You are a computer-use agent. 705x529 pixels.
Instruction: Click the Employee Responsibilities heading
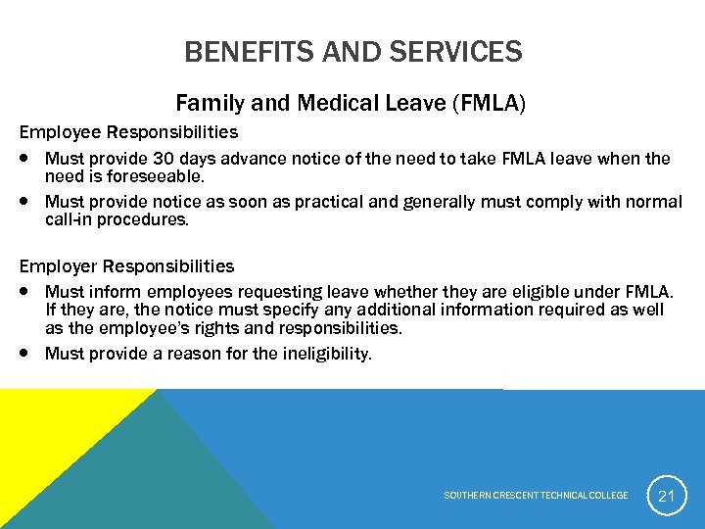coord(128,131)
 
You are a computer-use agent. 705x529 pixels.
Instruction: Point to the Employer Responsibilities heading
coord(126,266)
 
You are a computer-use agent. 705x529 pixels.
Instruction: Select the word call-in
coord(70,220)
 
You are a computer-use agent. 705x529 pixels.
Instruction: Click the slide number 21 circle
coord(666,496)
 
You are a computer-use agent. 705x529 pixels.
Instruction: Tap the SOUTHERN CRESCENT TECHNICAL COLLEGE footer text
coord(536,496)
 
